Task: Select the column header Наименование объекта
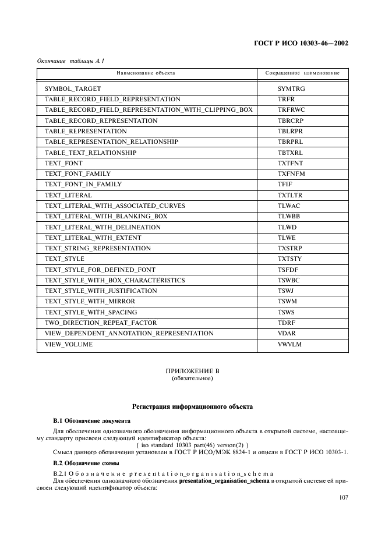[146, 73]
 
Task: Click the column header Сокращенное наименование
[302, 73]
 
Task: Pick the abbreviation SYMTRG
[291, 89]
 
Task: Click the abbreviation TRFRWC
[292, 110]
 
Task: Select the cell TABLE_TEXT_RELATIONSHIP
[90, 153]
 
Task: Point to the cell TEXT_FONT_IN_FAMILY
[83, 185]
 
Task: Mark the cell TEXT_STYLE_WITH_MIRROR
[90, 302]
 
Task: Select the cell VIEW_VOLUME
[69, 345]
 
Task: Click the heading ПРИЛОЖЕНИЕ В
[192, 371]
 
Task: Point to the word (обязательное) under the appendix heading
[192, 378]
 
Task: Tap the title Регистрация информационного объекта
[192, 406]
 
